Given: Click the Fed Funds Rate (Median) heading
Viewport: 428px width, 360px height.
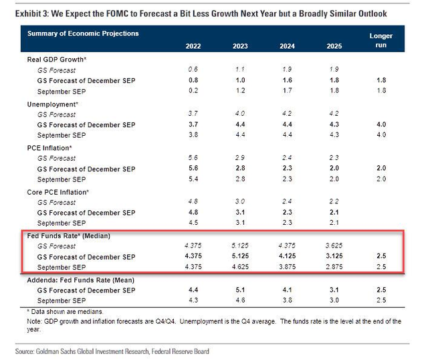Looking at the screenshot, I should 68,236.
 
